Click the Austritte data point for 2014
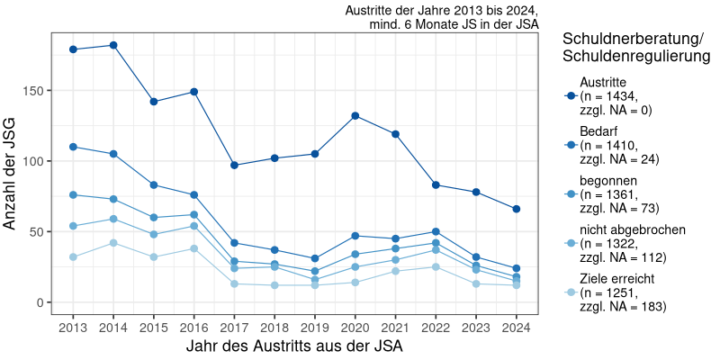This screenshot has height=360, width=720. (x=112, y=45)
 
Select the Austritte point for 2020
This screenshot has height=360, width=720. (x=355, y=116)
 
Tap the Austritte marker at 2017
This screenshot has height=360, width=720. (x=234, y=165)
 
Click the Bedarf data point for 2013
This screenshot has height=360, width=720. (x=73, y=147)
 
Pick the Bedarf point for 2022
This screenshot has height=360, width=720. (x=436, y=231)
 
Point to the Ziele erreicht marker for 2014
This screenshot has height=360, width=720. (x=112, y=243)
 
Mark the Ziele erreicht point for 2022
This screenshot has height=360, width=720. (x=436, y=266)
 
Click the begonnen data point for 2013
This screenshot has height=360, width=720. (x=73, y=194)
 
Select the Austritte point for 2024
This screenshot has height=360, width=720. (x=517, y=209)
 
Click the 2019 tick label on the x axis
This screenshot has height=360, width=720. (x=315, y=327)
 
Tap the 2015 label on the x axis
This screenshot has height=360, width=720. (x=153, y=327)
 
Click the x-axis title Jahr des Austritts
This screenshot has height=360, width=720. (x=294, y=346)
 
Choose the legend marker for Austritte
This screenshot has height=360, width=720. (x=570, y=96)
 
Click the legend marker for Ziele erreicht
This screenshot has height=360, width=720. (x=570, y=292)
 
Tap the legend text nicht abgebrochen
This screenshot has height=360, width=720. (x=633, y=229)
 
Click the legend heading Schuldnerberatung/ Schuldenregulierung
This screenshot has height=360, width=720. (x=632, y=48)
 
